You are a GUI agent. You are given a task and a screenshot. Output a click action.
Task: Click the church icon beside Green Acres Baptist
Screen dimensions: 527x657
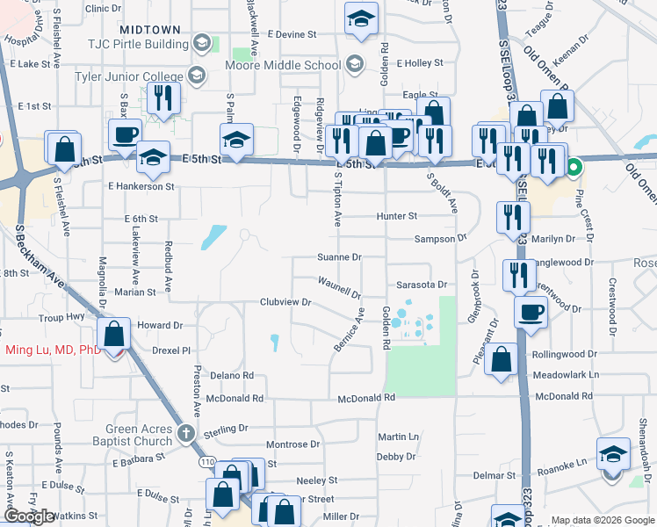pos(185,432)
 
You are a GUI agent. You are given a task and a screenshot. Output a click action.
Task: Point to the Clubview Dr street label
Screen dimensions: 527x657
pos(285,302)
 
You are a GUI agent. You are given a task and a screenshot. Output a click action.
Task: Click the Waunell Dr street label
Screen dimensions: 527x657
pos(339,286)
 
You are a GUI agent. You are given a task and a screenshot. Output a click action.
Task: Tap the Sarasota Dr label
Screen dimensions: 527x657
pos(421,285)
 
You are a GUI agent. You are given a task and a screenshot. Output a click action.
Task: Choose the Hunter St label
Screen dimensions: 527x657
pos(396,216)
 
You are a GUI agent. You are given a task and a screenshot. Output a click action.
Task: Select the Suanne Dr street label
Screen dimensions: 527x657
pos(339,258)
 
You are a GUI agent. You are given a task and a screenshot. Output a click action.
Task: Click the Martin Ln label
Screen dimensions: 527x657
pos(398,437)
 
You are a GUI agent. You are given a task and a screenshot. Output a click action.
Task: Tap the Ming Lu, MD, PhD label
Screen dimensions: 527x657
pos(53,350)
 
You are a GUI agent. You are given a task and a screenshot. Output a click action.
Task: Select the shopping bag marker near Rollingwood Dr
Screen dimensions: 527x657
pos(501,358)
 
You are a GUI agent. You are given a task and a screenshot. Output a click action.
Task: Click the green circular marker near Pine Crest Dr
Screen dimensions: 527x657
pos(574,166)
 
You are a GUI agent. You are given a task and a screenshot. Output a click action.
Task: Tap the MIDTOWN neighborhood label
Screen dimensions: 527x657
pos(149,30)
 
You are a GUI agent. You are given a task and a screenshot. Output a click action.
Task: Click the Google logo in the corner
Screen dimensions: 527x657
pos(29,516)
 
